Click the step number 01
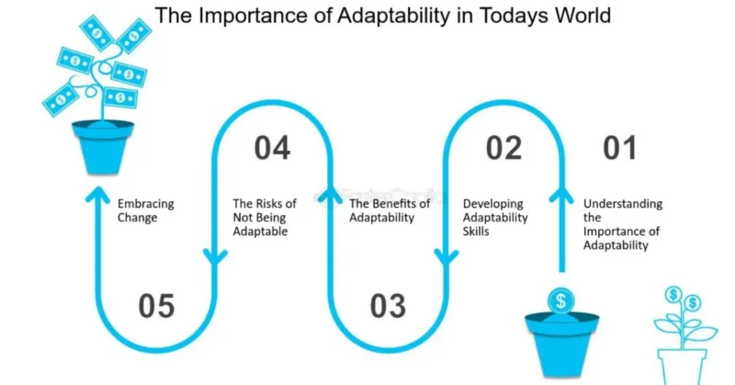[619, 148]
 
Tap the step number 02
[503, 148]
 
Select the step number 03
[388, 306]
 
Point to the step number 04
[272, 148]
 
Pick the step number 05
[156, 306]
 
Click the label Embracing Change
[146, 210]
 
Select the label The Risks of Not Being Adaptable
[265, 217]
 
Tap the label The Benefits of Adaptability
[390, 210]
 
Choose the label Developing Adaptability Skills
[495, 217]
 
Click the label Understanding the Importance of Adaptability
[623, 224]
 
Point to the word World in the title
[582, 16]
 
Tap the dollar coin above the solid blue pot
[561, 300]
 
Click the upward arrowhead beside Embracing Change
[97, 194]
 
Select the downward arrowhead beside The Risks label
[215, 258]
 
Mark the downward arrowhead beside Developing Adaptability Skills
[447, 258]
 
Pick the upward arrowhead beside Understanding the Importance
[561, 195]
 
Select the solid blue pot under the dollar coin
[561, 345]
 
